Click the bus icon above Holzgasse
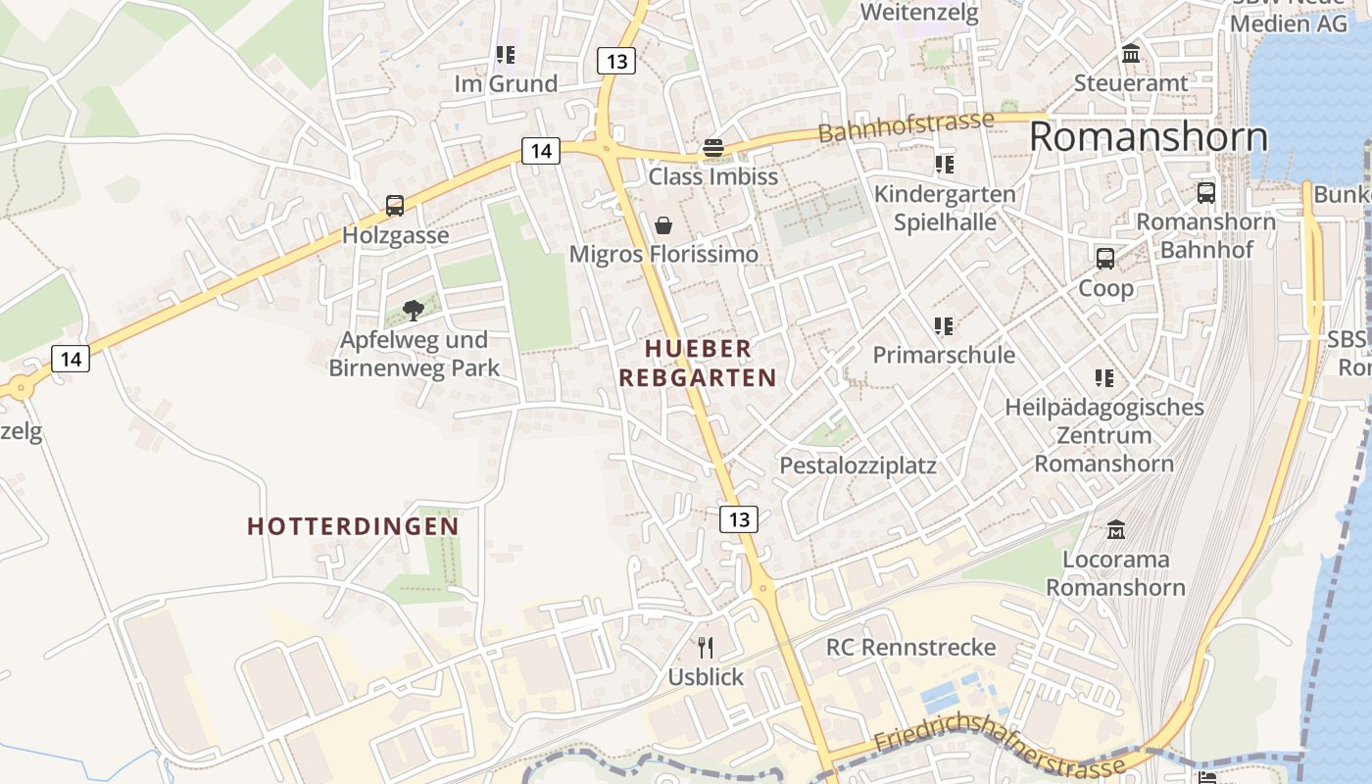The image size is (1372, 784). pyautogui.click(x=395, y=206)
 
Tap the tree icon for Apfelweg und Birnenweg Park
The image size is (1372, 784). pyautogui.click(x=414, y=311)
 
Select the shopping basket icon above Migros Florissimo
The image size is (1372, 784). pyautogui.click(x=663, y=225)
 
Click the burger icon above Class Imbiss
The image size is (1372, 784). pyautogui.click(x=712, y=149)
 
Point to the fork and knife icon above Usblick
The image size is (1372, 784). pyautogui.click(x=705, y=647)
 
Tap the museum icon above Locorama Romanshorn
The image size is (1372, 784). pyautogui.click(x=1115, y=530)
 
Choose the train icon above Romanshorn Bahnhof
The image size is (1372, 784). pyautogui.click(x=1206, y=193)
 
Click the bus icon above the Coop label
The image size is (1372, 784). pyautogui.click(x=1105, y=259)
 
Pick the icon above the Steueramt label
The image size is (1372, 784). pyautogui.click(x=1131, y=54)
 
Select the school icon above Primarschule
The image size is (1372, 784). pyautogui.click(x=944, y=325)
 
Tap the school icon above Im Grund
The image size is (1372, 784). pyautogui.click(x=506, y=55)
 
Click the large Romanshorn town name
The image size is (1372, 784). pyautogui.click(x=1149, y=137)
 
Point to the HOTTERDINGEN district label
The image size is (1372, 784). pyautogui.click(x=353, y=526)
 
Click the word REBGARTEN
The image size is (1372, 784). pyautogui.click(x=698, y=377)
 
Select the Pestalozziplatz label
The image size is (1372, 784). pyautogui.click(x=857, y=465)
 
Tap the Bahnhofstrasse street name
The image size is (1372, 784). pyautogui.click(x=906, y=126)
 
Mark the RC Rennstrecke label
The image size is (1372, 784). pyautogui.click(x=910, y=648)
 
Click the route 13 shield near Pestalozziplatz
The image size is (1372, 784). pyautogui.click(x=739, y=518)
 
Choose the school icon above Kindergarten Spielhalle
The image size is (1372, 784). pyautogui.click(x=944, y=164)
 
